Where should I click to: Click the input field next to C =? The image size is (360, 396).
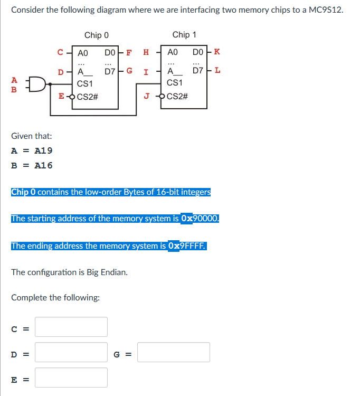click(x=71, y=327)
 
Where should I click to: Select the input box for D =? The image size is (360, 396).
click(x=71, y=352)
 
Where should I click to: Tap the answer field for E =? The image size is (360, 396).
click(x=71, y=378)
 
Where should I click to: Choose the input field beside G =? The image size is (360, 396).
click(x=174, y=352)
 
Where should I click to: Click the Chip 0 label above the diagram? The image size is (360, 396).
click(x=97, y=35)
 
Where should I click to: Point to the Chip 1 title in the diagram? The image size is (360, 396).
click(x=184, y=35)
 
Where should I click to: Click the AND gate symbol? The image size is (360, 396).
click(x=37, y=84)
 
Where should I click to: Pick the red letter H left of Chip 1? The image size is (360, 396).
click(x=146, y=52)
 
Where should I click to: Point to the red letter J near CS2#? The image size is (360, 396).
click(x=148, y=96)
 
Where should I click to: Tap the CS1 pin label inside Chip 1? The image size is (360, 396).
click(x=174, y=83)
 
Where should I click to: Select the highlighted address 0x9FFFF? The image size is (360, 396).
click(x=187, y=246)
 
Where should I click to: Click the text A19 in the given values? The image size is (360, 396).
click(x=43, y=150)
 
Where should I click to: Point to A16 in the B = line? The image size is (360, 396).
click(x=43, y=165)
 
